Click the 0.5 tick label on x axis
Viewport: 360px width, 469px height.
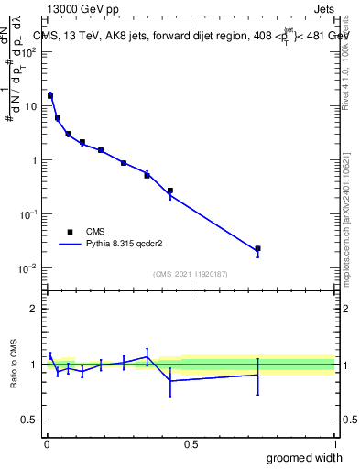coord(191,443)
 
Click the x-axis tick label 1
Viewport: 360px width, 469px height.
coord(334,443)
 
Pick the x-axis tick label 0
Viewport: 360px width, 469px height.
coord(46,443)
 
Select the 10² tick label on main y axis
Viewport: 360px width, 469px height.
coord(29,51)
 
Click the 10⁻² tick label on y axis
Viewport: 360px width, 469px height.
coord(28,268)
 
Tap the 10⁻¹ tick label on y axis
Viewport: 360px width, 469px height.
coord(28,214)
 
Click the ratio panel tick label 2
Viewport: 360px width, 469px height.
coord(34,309)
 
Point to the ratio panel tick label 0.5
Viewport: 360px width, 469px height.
coord(30,420)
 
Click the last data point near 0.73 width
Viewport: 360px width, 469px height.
coord(257,248)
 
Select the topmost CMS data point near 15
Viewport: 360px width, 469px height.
coord(50,95)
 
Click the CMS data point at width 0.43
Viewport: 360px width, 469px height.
coord(170,191)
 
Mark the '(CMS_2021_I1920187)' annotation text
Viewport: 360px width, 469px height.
coord(191,274)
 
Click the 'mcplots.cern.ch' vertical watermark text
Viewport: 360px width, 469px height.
coord(349,220)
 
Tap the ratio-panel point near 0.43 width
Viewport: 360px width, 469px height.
coord(170,380)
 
